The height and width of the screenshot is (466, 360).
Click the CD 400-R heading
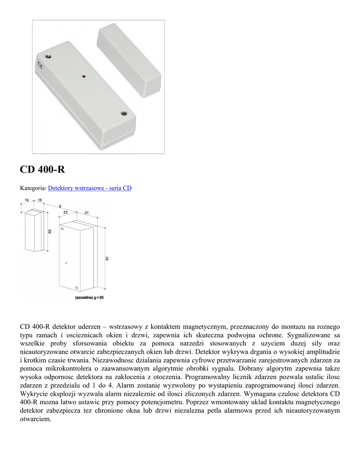42,169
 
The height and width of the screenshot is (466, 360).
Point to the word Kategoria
33,187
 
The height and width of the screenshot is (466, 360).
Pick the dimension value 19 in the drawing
27,200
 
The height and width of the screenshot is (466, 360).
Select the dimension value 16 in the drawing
40,200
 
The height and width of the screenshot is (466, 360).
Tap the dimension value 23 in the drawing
66,213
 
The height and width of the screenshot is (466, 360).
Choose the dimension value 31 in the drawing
86,213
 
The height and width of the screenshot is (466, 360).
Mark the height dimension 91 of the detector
107,258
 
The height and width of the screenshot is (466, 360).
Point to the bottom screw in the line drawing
76,288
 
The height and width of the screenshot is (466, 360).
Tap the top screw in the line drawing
66,263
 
